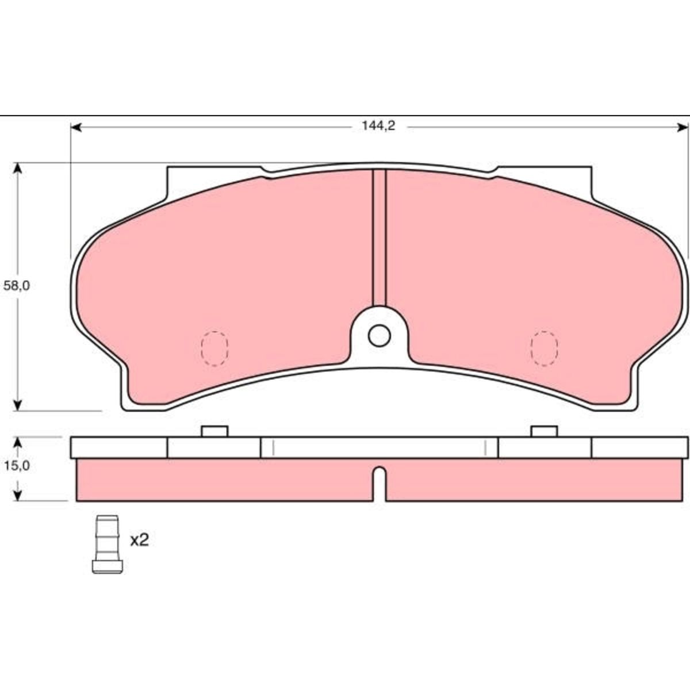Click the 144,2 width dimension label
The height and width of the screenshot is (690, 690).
pyautogui.click(x=378, y=126)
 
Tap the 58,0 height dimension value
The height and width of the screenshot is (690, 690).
pyautogui.click(x=17, y=286)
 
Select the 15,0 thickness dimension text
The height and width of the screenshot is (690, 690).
pyautogui.click(x=17, y=466)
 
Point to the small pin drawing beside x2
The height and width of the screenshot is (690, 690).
pyautogui.click(x=108, y=545)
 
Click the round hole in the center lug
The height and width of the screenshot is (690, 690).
pyautogui.click(x=379, y=335)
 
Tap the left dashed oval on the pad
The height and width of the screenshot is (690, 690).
pyautogui.click(x=214, y=348)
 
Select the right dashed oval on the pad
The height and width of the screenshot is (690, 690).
pyautogui.click(x=544, y=348)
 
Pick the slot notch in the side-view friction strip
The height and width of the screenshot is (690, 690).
pyautogui.click(x=379, y=484)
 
